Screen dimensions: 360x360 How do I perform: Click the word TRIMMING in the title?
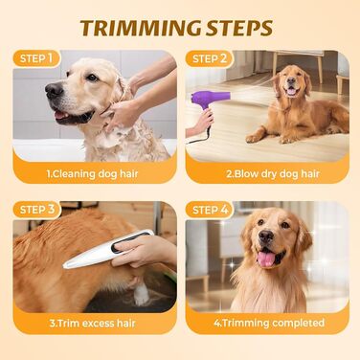(141, 28)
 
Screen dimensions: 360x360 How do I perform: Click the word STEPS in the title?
(239, 28)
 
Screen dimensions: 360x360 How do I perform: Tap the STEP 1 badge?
(36, 58)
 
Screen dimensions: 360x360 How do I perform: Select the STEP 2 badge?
(210, 58)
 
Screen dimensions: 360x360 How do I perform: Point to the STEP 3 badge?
(37, 210)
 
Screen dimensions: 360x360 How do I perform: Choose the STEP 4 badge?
(211, 210)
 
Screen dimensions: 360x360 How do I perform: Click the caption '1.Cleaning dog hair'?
(92, 174)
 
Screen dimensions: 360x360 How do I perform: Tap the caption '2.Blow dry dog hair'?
(273, 174)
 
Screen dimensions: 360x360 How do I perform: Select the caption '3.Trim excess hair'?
(93, 323)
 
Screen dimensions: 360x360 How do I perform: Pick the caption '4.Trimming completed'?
(269, 323)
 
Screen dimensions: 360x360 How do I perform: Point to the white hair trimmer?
(108, 249)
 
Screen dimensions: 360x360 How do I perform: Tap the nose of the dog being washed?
(54, 90)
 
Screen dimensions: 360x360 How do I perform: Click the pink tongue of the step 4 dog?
(266, 259)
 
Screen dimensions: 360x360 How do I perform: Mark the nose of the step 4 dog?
(266, 236)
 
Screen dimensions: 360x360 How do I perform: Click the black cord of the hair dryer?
(200, 136)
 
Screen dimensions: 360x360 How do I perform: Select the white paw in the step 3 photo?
(142, 293)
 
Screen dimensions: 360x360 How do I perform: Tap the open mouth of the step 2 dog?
(292, 92)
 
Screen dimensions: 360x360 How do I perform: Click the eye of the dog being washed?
(92, 78)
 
